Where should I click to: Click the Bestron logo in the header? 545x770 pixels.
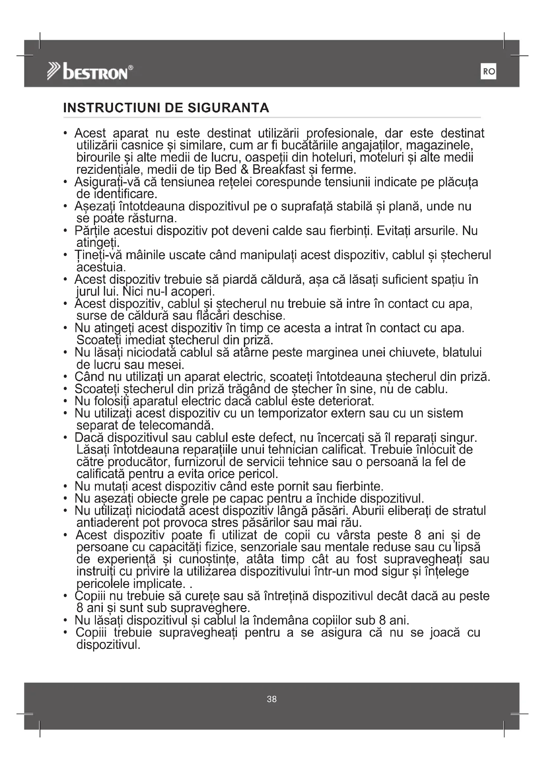coord(90,72)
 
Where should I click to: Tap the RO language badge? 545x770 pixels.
coord(488,72)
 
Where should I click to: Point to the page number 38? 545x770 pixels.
coord(272,699)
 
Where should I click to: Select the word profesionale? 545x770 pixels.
coord(341,134)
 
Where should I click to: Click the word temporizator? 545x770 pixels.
coord(288,413)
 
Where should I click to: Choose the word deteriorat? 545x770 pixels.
coord(346,401)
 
